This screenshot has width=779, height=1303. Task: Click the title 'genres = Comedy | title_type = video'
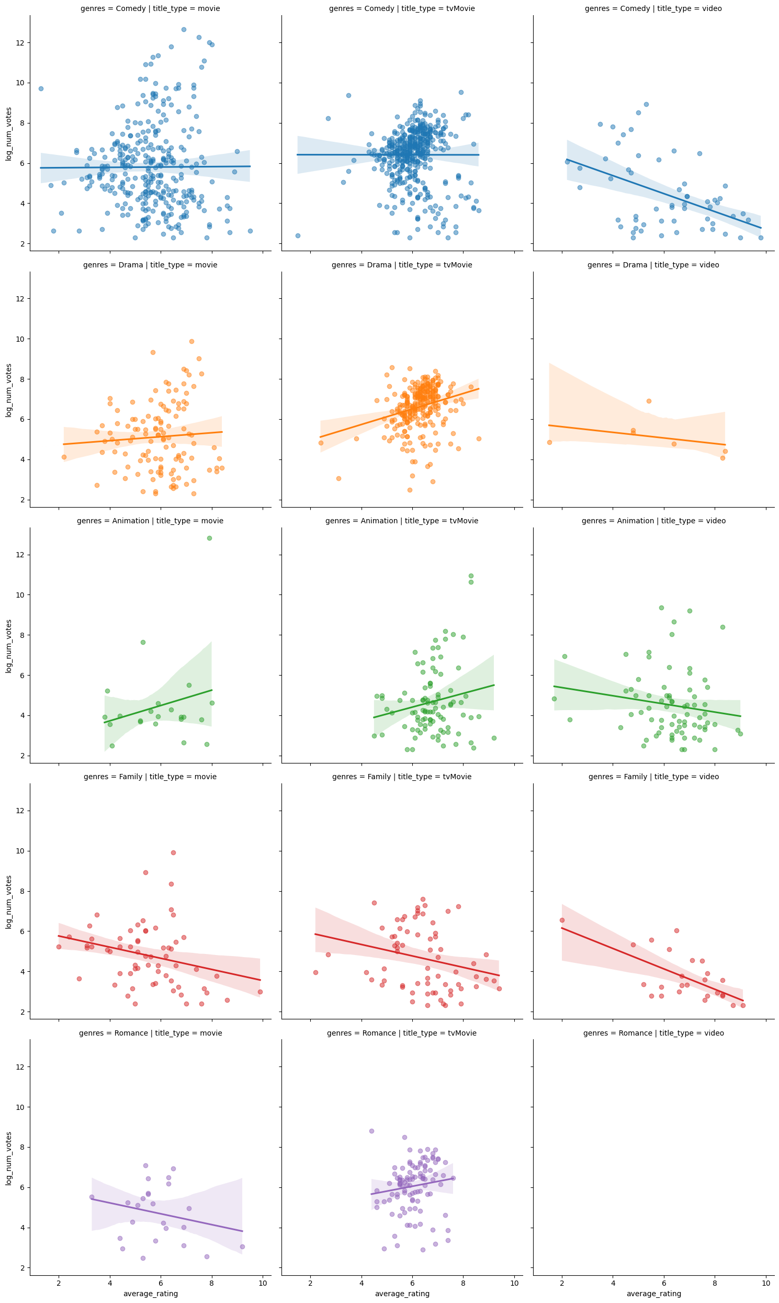coord(653,9)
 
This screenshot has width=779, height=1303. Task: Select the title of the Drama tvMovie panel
coord(402,265)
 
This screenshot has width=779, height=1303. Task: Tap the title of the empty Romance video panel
coord(653,1033)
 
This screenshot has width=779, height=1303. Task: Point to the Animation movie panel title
coord(150,521)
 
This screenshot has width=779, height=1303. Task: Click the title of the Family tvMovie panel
coord(402,777)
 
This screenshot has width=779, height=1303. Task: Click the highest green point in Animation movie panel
coord(209,538)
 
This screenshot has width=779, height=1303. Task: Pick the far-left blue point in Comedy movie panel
coord(41,89)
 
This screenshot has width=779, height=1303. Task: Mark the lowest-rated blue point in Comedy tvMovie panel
coord(298,235)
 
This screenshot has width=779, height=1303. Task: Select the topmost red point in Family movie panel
coord(173,852)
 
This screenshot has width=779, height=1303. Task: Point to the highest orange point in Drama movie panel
coord(191,341)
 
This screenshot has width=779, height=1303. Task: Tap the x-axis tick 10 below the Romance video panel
coord(766,1283)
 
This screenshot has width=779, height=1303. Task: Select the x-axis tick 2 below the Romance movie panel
coord(59,1283)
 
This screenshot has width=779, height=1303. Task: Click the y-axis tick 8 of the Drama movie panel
coord(21,379)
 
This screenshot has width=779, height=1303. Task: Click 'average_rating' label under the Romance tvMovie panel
coord(402,1294)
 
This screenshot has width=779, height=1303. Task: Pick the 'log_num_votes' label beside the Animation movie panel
coord(9,646)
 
